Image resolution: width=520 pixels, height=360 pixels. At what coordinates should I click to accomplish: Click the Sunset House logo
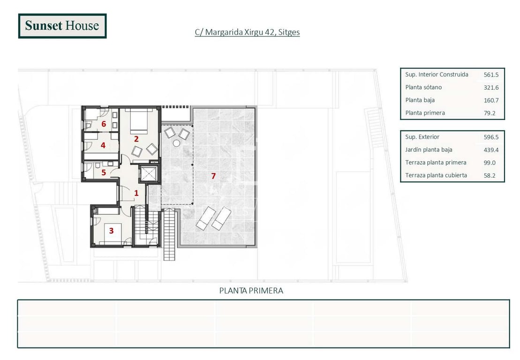click(62, 26)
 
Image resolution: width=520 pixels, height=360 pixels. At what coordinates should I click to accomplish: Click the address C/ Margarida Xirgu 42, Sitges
click(248, 32)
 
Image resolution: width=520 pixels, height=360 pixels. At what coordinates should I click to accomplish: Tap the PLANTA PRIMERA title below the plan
click(251, 291)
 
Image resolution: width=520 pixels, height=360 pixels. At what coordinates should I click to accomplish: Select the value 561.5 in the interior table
click(491, 75)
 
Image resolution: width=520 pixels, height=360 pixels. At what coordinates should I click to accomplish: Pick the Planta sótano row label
click(423, 88)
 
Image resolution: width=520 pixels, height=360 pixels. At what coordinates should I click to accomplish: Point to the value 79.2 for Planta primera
click(490, 113)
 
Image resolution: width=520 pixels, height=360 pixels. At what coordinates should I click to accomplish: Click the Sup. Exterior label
click(422, 137)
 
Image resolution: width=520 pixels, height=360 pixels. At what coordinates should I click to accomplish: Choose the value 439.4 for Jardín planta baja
click(491, 150)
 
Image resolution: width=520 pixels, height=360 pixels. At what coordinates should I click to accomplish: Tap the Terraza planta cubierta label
click(436, 175)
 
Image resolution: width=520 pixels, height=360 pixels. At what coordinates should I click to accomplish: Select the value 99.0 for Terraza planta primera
click(490, 163)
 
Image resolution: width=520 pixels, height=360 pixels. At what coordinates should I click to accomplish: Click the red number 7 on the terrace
click(213, 176)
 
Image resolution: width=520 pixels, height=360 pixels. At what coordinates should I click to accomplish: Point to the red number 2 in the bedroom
click(136, 139)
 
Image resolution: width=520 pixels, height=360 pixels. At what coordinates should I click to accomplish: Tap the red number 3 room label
click(112, 231)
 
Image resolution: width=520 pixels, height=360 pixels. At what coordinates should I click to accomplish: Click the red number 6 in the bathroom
click(104, 124)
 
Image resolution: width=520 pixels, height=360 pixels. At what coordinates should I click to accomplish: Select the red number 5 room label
click(104, 172)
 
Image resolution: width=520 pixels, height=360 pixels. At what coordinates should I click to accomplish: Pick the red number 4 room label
click(103, 145)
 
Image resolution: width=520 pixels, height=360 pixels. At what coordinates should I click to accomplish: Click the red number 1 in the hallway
click(136, 193)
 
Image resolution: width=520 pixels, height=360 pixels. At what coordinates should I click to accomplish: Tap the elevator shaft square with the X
click(148, 173)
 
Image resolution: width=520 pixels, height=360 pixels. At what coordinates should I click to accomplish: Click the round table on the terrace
click(176, 143)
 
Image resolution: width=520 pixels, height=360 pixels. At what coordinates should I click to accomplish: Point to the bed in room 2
click(139, 121)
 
